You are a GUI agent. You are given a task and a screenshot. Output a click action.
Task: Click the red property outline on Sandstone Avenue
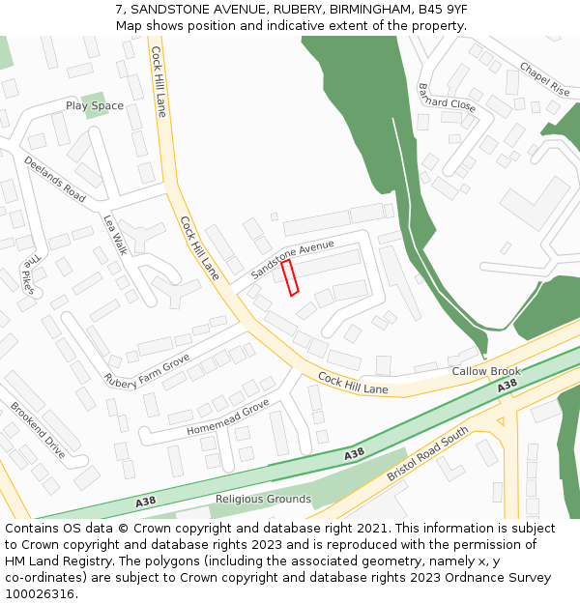pyautogui.click(x=290, y=277)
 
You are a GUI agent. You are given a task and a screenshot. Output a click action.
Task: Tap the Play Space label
pyautogui.click(x=95, y=105)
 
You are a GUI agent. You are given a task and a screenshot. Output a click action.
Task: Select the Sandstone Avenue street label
pyautogui.click(x=292, y=259)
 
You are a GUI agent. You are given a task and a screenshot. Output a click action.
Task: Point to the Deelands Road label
pyautogui.click(x=55, y=179)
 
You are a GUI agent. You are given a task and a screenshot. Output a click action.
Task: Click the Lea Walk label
pyautogui.click(x=115, y=235)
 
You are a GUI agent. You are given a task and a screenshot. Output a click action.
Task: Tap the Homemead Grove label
pyautogui.click(x=228, y=417)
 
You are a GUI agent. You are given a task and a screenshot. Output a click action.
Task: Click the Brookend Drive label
pyautogui.click(x=37, y=429)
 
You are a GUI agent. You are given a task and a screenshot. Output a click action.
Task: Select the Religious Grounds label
pyautogui.click(x=263, y=500)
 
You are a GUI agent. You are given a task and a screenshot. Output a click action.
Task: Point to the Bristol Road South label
pyautogui.click(x=427, y=454)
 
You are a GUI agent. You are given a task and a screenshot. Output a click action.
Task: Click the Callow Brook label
pyautogui.click(x=486, y=371)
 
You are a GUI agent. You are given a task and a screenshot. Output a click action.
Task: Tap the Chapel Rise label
pyautogui.click(x=545, y=78)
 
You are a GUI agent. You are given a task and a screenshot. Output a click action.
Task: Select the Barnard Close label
pyautogui.click(x=447, y=97)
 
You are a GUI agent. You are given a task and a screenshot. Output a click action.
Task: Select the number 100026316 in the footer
pyautogui.click(x=40, y=594)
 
